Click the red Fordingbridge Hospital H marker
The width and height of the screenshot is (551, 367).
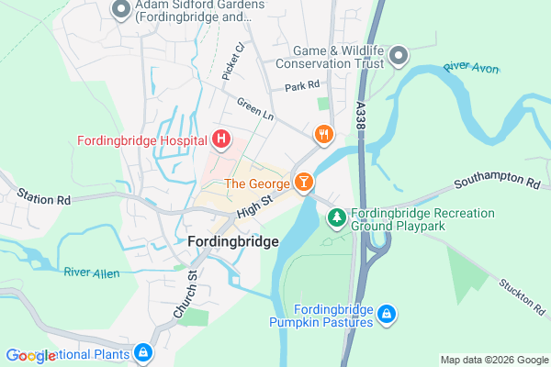click(x=220, y=139)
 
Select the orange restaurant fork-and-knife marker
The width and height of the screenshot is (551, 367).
click(x=322, y=135)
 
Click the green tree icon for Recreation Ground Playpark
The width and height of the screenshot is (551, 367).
click(x=337, y=217)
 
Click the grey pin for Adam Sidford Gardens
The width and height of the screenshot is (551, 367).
click(x=119, y=11)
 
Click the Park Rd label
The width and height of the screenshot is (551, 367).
click(x=302, y=85)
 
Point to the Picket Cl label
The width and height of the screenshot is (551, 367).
click(x=234, y=59)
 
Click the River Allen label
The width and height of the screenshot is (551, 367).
click(x=92, y=272)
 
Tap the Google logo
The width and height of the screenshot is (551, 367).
click(x=30, y=356)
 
